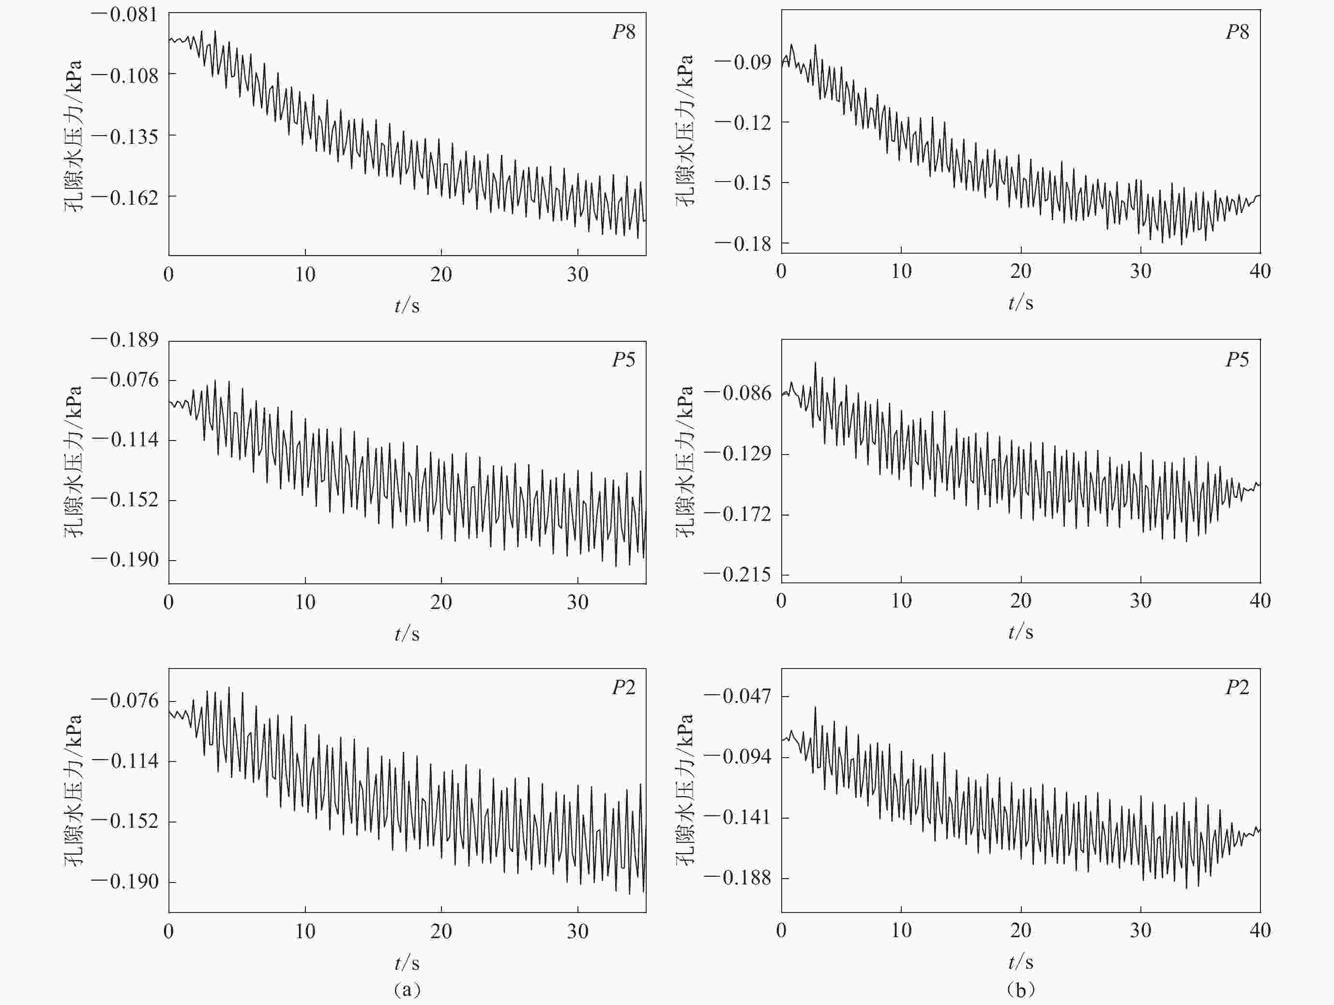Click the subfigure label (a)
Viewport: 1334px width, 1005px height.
[407, 990]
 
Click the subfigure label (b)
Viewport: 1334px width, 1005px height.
[1020, 990]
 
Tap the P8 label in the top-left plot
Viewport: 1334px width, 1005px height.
[623, 32]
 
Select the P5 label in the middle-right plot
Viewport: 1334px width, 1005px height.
[1237, 360]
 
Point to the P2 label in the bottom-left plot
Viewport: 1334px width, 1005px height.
[623, 688]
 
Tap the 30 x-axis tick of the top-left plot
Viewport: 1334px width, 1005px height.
[577, 275]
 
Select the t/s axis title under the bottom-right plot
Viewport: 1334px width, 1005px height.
[1020, 962]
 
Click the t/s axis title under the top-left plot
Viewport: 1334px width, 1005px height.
[407, 306]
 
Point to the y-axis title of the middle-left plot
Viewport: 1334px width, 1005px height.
[74, 461]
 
